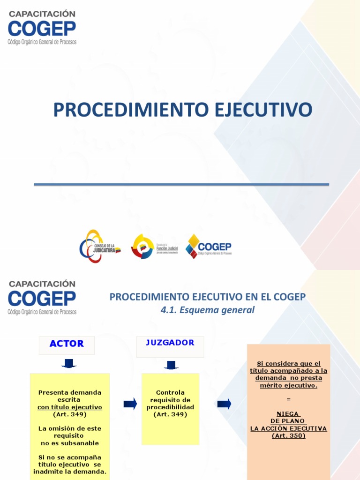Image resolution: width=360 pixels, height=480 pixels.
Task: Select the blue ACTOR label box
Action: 67,344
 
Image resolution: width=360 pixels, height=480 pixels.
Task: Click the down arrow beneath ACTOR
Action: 68,363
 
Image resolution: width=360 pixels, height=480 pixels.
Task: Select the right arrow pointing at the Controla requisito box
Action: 130,404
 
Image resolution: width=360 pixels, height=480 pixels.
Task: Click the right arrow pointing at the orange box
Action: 224,404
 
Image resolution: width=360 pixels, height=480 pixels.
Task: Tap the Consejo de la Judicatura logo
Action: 99,247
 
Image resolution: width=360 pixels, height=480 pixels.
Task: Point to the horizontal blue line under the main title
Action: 181,185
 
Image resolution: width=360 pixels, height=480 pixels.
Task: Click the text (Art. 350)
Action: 288,435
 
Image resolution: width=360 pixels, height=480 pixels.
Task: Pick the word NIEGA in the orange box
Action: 288,414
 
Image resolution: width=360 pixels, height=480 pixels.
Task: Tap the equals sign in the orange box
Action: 288,399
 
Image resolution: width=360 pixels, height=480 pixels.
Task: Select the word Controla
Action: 170,392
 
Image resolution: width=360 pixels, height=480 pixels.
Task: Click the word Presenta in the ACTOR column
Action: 52,392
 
